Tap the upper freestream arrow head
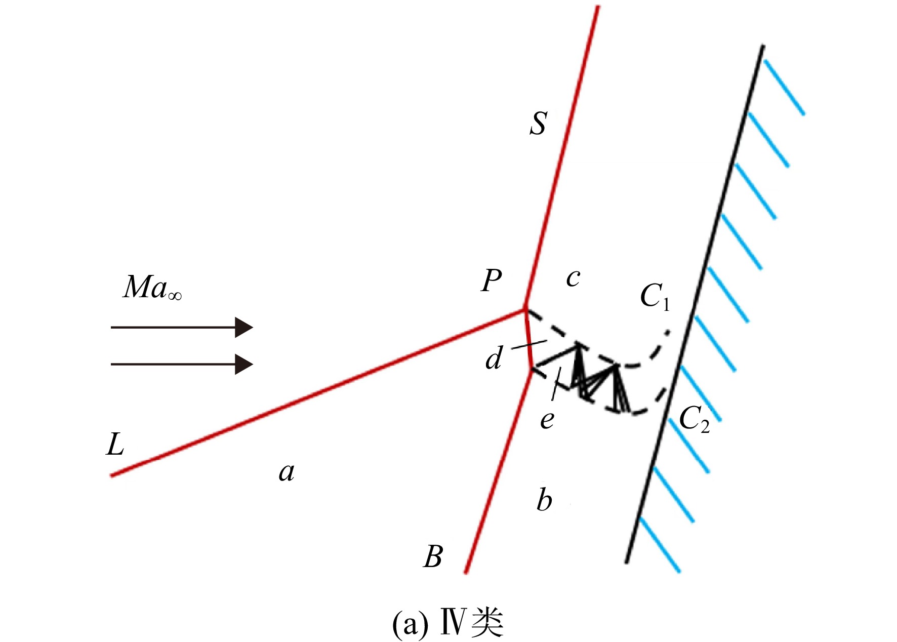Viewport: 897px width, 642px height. pyautogui.click(x=243, y=328)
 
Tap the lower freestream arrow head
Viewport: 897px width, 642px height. pyautogui.click(x=243, y=364)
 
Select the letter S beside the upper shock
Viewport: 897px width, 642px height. pyautogui.click(x=539, y=123)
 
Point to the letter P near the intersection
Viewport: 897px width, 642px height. pyautogui.click(x=492, y=280)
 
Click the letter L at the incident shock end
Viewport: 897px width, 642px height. pyautogui.click(x=115, y=445)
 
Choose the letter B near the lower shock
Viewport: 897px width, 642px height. pyautogui.click(x=433, y=556)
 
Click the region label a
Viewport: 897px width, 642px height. pyautogui.click(x=287, y=472)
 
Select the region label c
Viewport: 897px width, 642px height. pyautogui.click(x=573, y=278)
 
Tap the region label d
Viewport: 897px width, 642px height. pyautogui.click(x=494, y=357)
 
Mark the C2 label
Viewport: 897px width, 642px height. pyautogui.click(x=694, y=420)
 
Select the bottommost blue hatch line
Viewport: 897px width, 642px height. pyautogui.click(x=660, y=545)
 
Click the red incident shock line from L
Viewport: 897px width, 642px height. pyautogui.click(x=318, y=393)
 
